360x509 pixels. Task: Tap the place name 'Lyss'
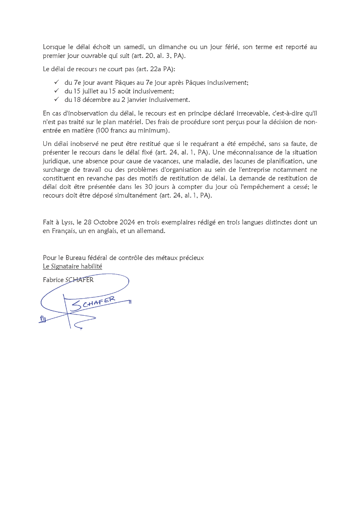point(69,222)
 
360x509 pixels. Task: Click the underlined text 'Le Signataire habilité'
point(72,266)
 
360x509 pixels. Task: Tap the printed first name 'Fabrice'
point(53,280)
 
